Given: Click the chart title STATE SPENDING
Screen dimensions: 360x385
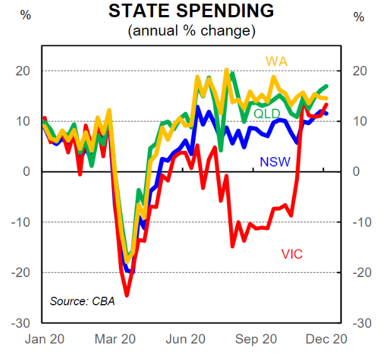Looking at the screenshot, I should pyautogui.click(x=192, y=11).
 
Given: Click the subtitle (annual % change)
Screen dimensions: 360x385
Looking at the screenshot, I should pyautogui.click(x=192, y=30).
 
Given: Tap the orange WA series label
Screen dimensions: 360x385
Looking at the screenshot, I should pyautogui.click(x=277, y=61).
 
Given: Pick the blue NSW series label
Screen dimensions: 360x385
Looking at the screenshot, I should pyautogui.click(x=275, y=163).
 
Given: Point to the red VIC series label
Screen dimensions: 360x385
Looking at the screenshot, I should pyautogui.click(x=291, y=254).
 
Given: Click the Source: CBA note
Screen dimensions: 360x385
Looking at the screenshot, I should pyautogui.click(x=82, y=301).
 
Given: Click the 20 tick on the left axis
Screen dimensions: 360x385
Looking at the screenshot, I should pyautogui.click(x=25, y=71).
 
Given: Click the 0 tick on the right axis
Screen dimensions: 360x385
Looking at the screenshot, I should pyautogui.click(x=357, y=172).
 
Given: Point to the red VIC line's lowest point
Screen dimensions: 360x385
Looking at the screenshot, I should pyautogui.click(x=126, y=295).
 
